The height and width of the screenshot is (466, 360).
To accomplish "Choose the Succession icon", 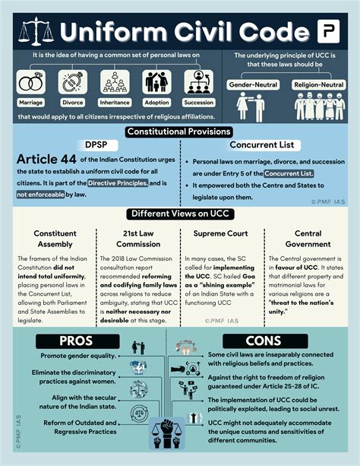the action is coord(199,81).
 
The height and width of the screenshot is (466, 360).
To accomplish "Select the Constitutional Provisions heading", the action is coord(180,132).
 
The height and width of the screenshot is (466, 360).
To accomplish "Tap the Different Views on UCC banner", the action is coord(180,214).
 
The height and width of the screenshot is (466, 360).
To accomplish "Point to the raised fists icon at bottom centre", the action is coord(180,436).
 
